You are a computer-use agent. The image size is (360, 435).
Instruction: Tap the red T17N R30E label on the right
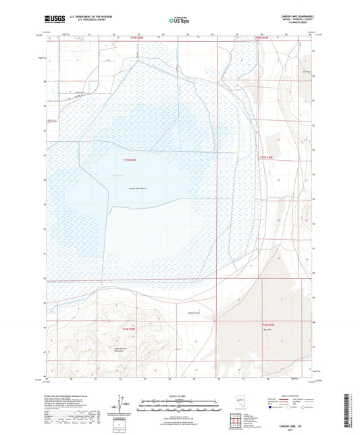(269, 157)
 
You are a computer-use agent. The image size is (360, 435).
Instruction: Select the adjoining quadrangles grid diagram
(236, 419)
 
